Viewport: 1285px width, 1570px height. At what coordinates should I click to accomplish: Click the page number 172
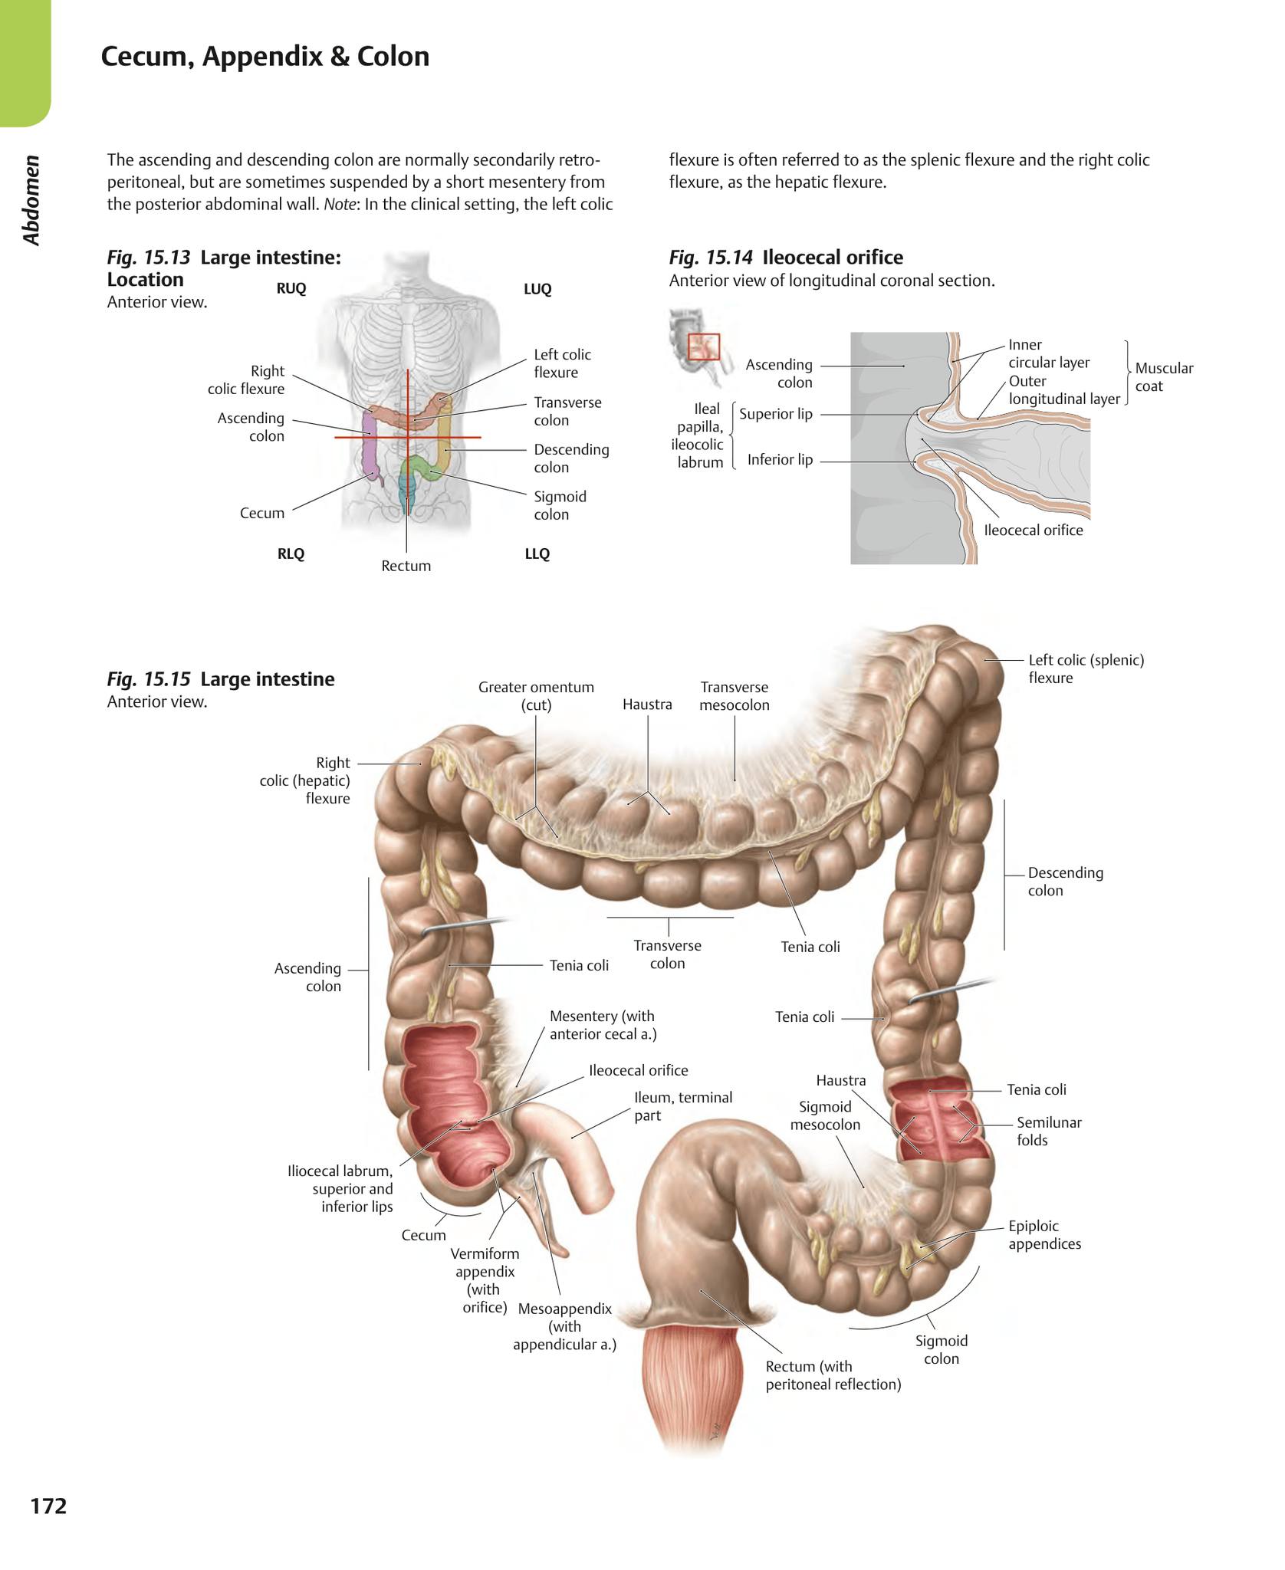click(x=48, y=1506)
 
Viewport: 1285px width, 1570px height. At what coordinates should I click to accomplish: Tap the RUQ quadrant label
click(x=291, y=288)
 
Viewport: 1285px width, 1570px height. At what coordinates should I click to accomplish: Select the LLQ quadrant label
click(x=537, y=553)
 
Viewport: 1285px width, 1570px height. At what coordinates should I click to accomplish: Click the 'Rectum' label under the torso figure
click(x=406, y=566)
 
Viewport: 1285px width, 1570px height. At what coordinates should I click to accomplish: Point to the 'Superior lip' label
click(x=776, y=414)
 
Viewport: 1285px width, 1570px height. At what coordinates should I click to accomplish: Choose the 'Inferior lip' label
click(x=780, y=460)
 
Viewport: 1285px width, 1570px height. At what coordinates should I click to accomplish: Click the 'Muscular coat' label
click(x=1164, y=377)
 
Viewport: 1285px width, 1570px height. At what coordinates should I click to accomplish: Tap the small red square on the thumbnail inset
click(x=703, y=347)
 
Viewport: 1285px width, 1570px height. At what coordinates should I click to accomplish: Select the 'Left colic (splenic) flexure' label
click(x=1086, y=668)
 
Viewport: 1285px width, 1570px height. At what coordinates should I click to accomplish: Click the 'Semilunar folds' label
click(x=1049, y=1132)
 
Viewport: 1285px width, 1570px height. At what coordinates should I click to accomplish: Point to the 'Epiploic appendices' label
click(x=1044, y=1235)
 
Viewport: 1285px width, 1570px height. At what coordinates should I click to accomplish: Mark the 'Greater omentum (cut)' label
click(x=536, y=696)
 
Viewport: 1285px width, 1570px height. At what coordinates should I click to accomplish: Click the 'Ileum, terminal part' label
click(x=683, y=1106)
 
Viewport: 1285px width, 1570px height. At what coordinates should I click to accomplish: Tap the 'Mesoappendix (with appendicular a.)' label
click(x=565, y=1326)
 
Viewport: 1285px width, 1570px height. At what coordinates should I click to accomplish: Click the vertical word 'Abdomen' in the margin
click(x=31, y=200)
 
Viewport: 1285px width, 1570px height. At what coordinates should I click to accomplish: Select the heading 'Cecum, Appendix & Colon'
click(x=265, y=57)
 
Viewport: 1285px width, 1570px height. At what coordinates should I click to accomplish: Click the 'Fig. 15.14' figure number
click(x=711, y=258)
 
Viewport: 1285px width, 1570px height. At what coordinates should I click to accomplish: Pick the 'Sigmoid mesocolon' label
click(x=825, y=1115)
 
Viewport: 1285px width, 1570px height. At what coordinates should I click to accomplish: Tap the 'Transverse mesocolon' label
click(x=735, y=696)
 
